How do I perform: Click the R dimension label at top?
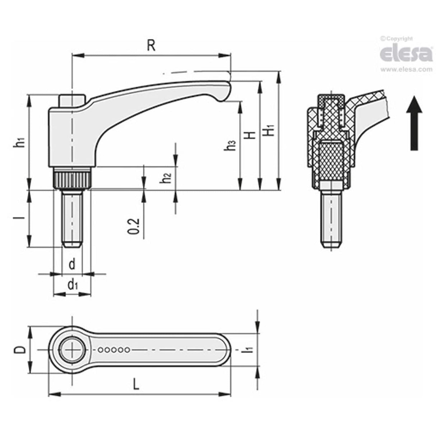[x=151, y=46]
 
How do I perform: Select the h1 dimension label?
[x=20, y=142]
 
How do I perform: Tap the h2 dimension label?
[x=166, y=178]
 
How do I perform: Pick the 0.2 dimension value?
[x=134, y=226]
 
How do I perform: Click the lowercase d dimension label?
[x=72, y=265]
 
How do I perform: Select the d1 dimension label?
[x=73, y=285]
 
